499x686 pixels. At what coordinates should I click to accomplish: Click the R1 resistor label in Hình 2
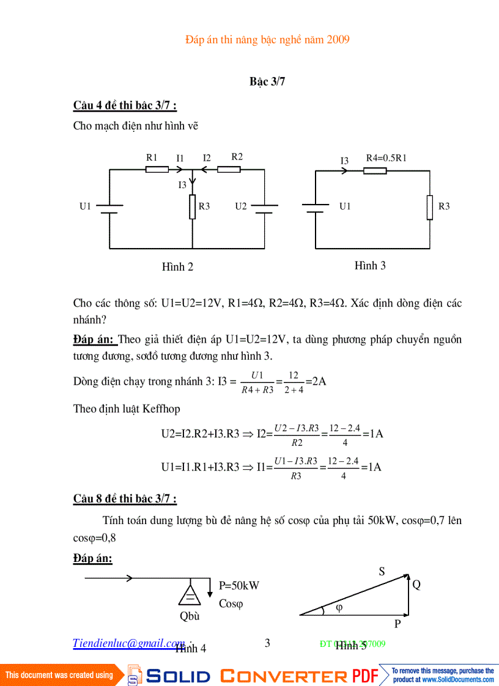click(152, 157)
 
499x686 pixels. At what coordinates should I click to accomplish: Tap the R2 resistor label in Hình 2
click(237, 156)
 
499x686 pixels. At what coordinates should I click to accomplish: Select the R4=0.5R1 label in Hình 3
click(386, 158)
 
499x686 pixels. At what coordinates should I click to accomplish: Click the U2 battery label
click(241, 206)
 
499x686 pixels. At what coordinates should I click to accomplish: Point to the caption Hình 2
click(177, 267)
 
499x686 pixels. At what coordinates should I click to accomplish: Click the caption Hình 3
click(370, 266)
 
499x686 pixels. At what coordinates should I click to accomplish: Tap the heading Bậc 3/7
click(267, 82)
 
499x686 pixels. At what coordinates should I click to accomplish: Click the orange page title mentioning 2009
click(267, 40)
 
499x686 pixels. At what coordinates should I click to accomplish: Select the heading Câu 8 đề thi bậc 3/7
click(125, 499)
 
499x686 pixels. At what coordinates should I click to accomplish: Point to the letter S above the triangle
click(382, 571)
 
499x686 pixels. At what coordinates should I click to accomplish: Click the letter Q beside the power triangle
click(416, 585)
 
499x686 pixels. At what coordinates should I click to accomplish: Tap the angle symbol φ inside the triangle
click(340, 608)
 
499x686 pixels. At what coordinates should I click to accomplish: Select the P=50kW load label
click(239, 585)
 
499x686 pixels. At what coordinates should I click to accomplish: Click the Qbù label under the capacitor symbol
click(190, 616)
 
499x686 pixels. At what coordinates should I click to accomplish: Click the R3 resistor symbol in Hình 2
click(193, 206)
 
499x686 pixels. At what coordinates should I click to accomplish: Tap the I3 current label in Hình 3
click(344, 161)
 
